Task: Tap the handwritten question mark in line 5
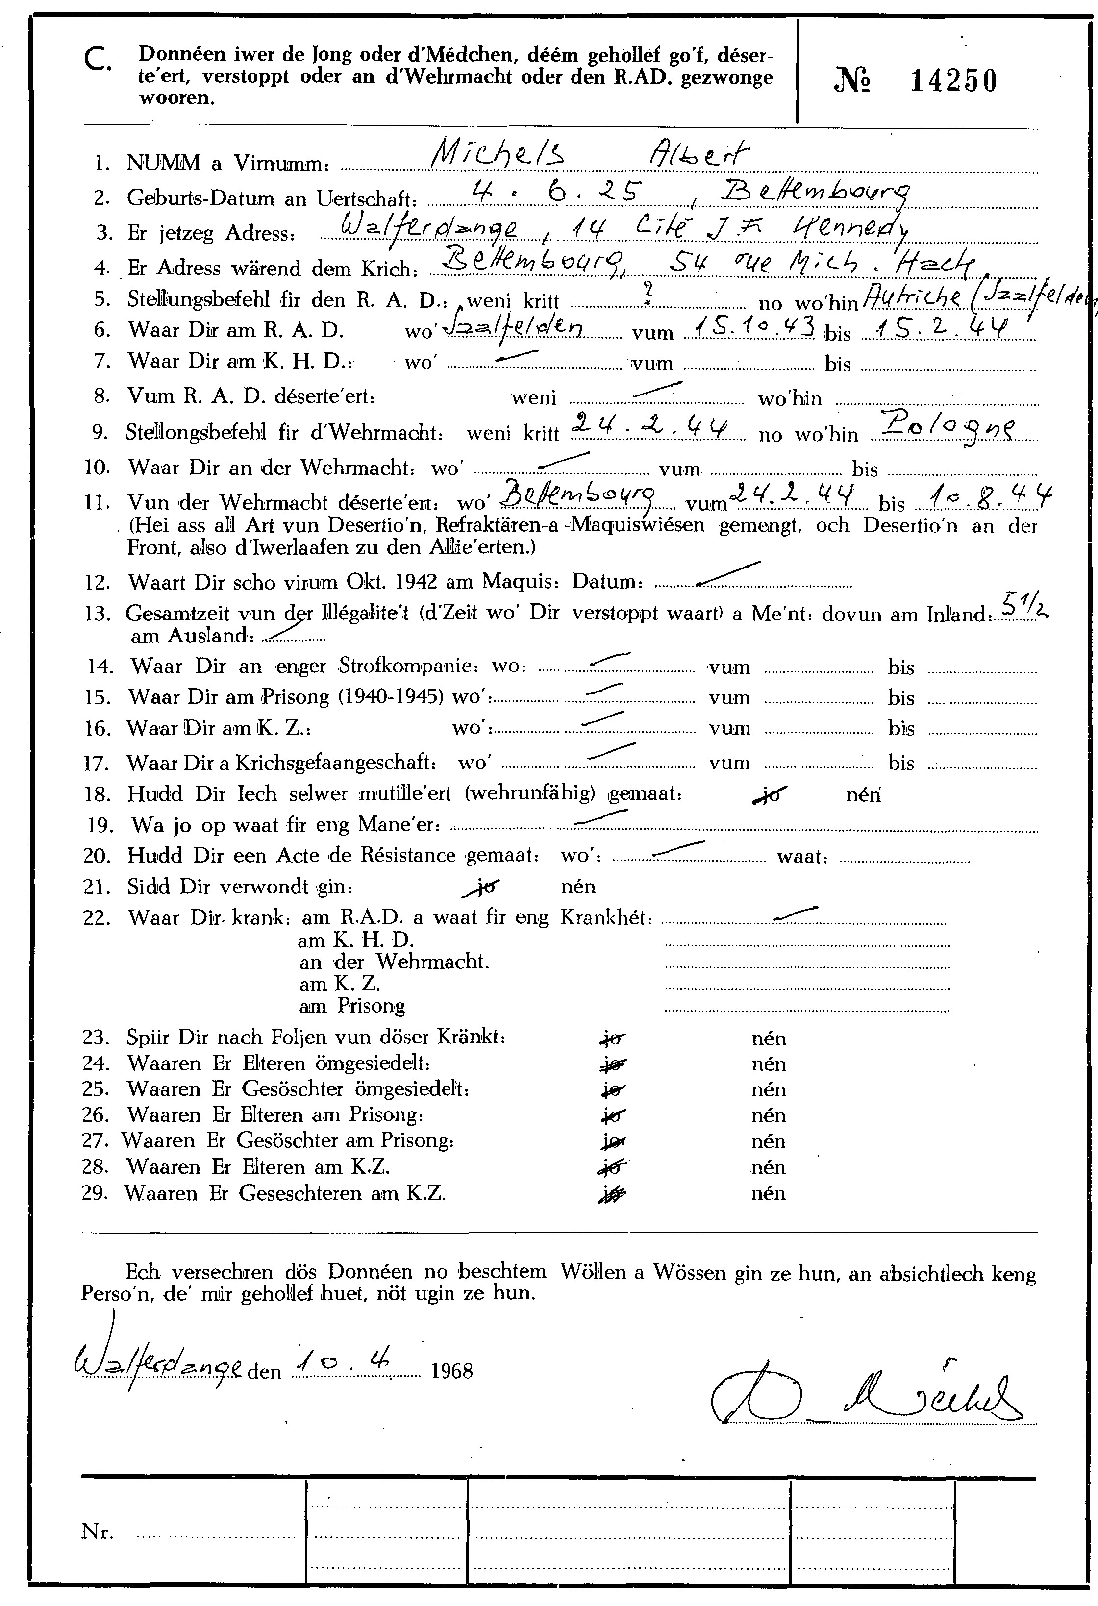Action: coord(648,295)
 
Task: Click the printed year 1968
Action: coord(452,1370)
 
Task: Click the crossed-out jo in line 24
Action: coord(612,1064)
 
